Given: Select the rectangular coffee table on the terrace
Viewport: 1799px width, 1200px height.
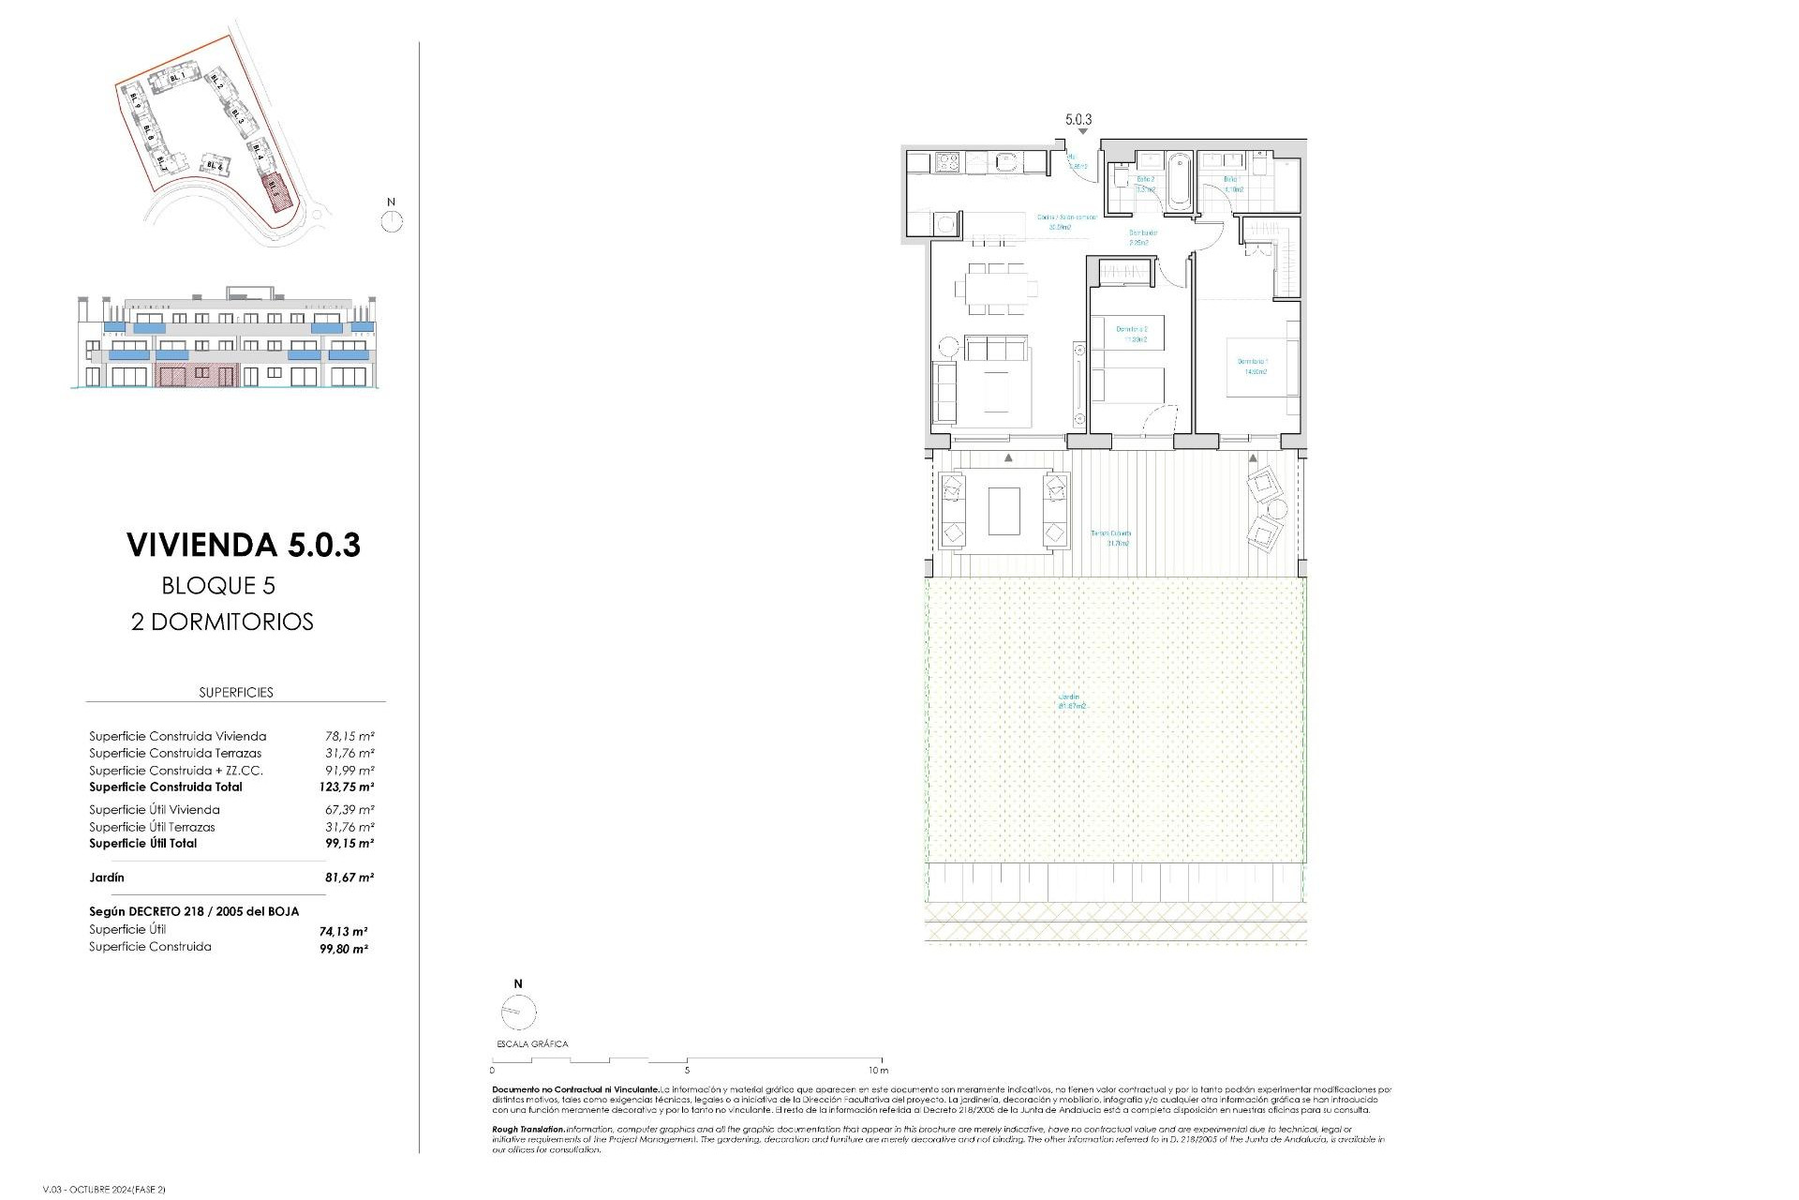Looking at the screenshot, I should (1004, 510).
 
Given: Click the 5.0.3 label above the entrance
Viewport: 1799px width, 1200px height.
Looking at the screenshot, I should (1078, 120).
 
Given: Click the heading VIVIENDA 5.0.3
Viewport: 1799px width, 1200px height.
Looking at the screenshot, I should (244, 545).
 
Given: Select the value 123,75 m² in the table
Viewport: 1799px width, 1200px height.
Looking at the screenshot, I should (346, 787).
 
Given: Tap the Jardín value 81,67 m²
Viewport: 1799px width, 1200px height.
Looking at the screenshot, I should (346, 878).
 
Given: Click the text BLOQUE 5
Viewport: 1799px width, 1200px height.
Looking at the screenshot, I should (218, 586).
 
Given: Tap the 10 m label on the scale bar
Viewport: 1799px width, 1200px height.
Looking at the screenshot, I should (877, 1070).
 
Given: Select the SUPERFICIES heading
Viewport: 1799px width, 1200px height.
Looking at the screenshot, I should (236, 693).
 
